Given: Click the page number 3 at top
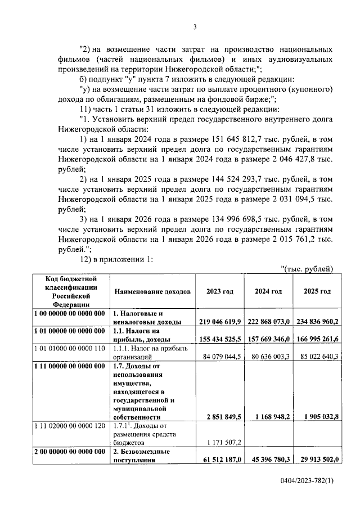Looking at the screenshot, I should [195, 26].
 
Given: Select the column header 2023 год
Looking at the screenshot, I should [219, 291].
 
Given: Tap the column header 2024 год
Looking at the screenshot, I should [268, 291].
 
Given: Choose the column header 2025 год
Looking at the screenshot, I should [317, 291].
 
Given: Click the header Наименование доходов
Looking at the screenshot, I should [152, 291].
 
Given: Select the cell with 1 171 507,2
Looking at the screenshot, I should [224, 442].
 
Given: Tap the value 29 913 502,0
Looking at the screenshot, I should [317, 460].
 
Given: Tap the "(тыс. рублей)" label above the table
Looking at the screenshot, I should [307, 269].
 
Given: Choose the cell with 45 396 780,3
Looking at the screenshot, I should [269, 460].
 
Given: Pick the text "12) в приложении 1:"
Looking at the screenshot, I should [114, 259].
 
